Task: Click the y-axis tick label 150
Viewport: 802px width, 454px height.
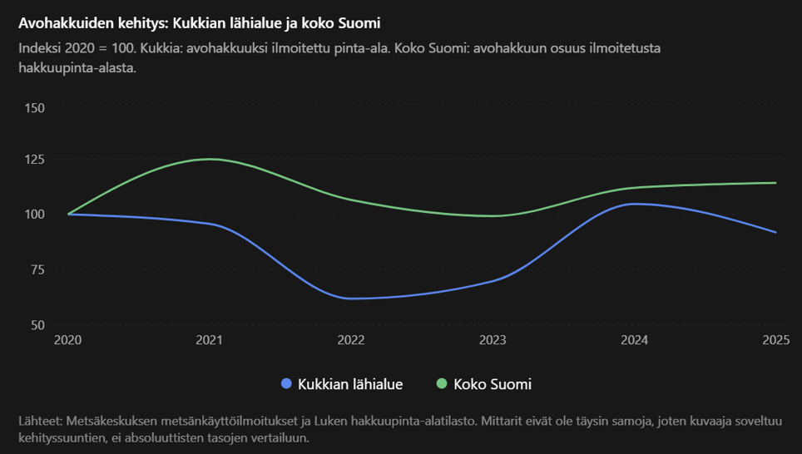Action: pyautogui.click(x=34, y=108)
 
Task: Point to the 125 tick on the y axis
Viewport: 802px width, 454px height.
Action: pyautogui.click(x=34, y=160)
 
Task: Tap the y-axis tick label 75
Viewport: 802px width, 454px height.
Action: pyautogui.click(x=37, y=269)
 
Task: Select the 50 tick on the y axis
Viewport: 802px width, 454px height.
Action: pyautogui.click(x=37, y=325)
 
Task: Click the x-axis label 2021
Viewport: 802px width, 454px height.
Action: pyautogui.click(x=209, y=340)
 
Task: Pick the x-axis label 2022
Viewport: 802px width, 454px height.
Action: pyautogui.click(x=351, y=340)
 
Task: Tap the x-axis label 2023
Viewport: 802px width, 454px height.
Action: pyautogui.click(x=493, y=340)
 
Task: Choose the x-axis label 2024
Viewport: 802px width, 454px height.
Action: pyautogui.click(x=634, y=340)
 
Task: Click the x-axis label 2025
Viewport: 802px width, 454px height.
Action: pyautogui.click(x=776, y=340)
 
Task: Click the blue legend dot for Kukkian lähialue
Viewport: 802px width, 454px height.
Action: pyautogui.click(x=286, y=383)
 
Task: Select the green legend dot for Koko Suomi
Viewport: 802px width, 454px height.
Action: pyautogui.click(x=442, y=383)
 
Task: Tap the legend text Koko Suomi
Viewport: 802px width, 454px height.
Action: pyautogui.click(x=493, y=384)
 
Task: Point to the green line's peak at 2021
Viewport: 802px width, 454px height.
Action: pyautogui.click(x=210, y=159)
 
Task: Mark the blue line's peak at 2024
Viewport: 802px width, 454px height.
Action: pyautogui.click(x=632, y=204)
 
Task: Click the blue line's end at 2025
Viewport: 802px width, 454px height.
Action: pyautogui.click(x=776, y=232)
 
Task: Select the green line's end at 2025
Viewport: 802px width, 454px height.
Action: pyautogui.click(x=776, y=183)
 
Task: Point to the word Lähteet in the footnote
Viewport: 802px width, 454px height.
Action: pyautogui.click(x=41, y=422)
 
